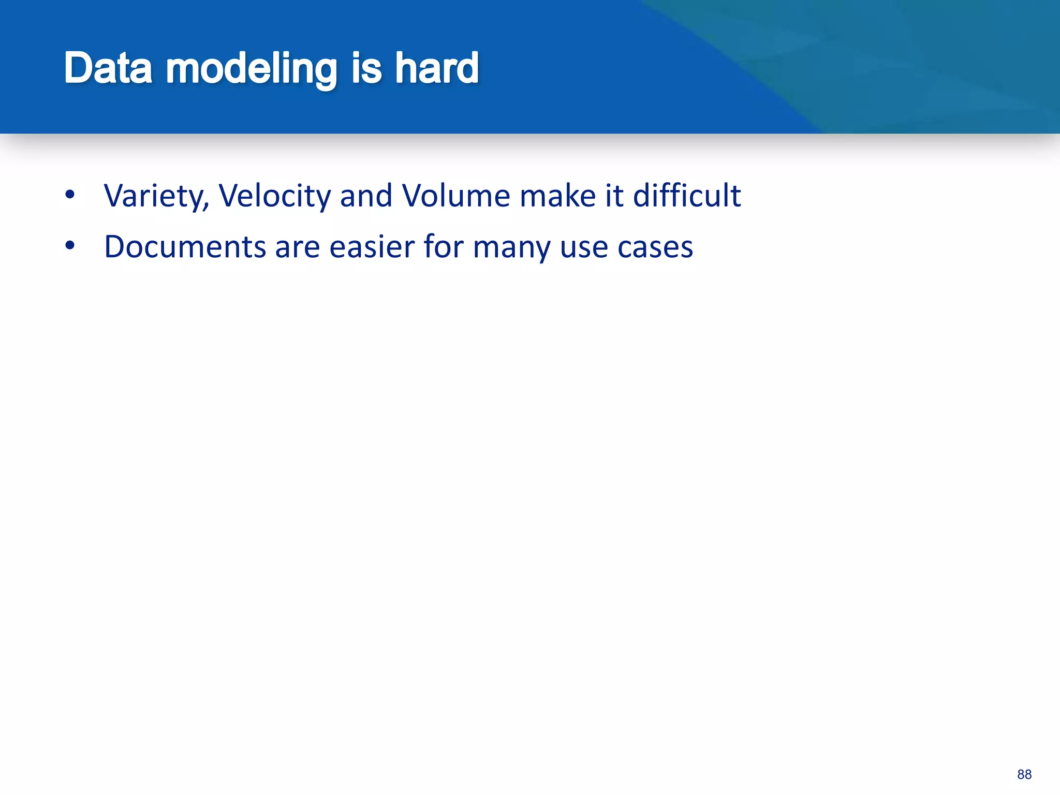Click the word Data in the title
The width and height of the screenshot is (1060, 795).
108,68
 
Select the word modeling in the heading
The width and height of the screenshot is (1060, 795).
252,68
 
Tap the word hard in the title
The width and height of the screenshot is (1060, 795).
437,68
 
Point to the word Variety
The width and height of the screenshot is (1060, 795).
156,196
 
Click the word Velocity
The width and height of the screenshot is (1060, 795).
274,196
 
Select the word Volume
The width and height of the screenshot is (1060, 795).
456,196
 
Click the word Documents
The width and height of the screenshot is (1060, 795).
185,247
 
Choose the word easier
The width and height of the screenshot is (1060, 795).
372,247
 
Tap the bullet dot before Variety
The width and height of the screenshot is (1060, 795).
70,196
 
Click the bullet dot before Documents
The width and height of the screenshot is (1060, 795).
70,246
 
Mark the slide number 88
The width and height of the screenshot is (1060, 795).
1024,774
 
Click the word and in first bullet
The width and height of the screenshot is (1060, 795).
366,196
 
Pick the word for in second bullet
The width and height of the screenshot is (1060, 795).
444,247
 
